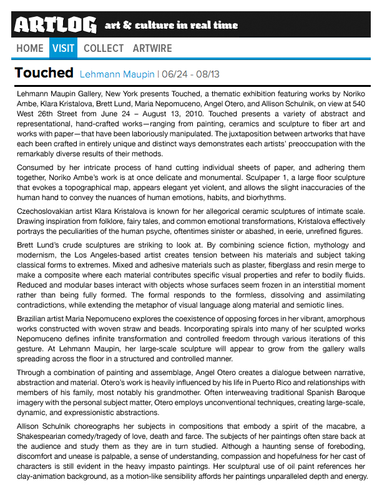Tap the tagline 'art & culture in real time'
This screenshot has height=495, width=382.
point(171,26)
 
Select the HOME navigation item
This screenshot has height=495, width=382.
point(30,48)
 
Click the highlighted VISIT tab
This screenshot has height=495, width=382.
point(64,48)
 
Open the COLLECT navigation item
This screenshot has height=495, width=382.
point(104,48)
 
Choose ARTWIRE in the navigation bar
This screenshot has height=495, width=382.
point(152,48)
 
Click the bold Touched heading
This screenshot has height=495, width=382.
point(44,73)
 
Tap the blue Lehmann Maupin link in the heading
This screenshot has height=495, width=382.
point(117,74)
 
